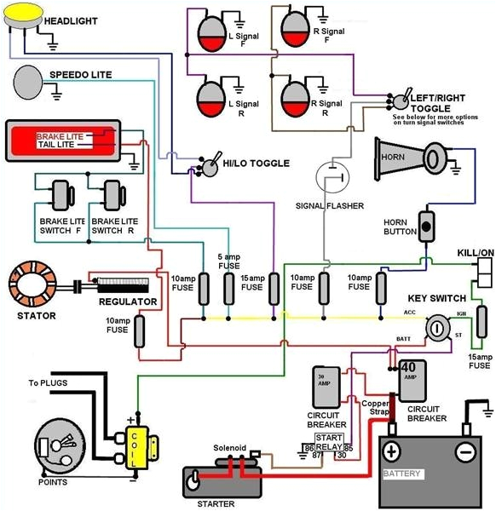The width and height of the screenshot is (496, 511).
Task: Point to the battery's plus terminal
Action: click(x=391, y=451)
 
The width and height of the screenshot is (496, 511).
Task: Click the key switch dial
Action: click(x=438, y=328)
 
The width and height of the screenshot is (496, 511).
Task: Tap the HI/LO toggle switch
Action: click(x=206, y=166)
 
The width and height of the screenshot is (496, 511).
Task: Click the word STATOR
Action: click(x=35, y=316)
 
